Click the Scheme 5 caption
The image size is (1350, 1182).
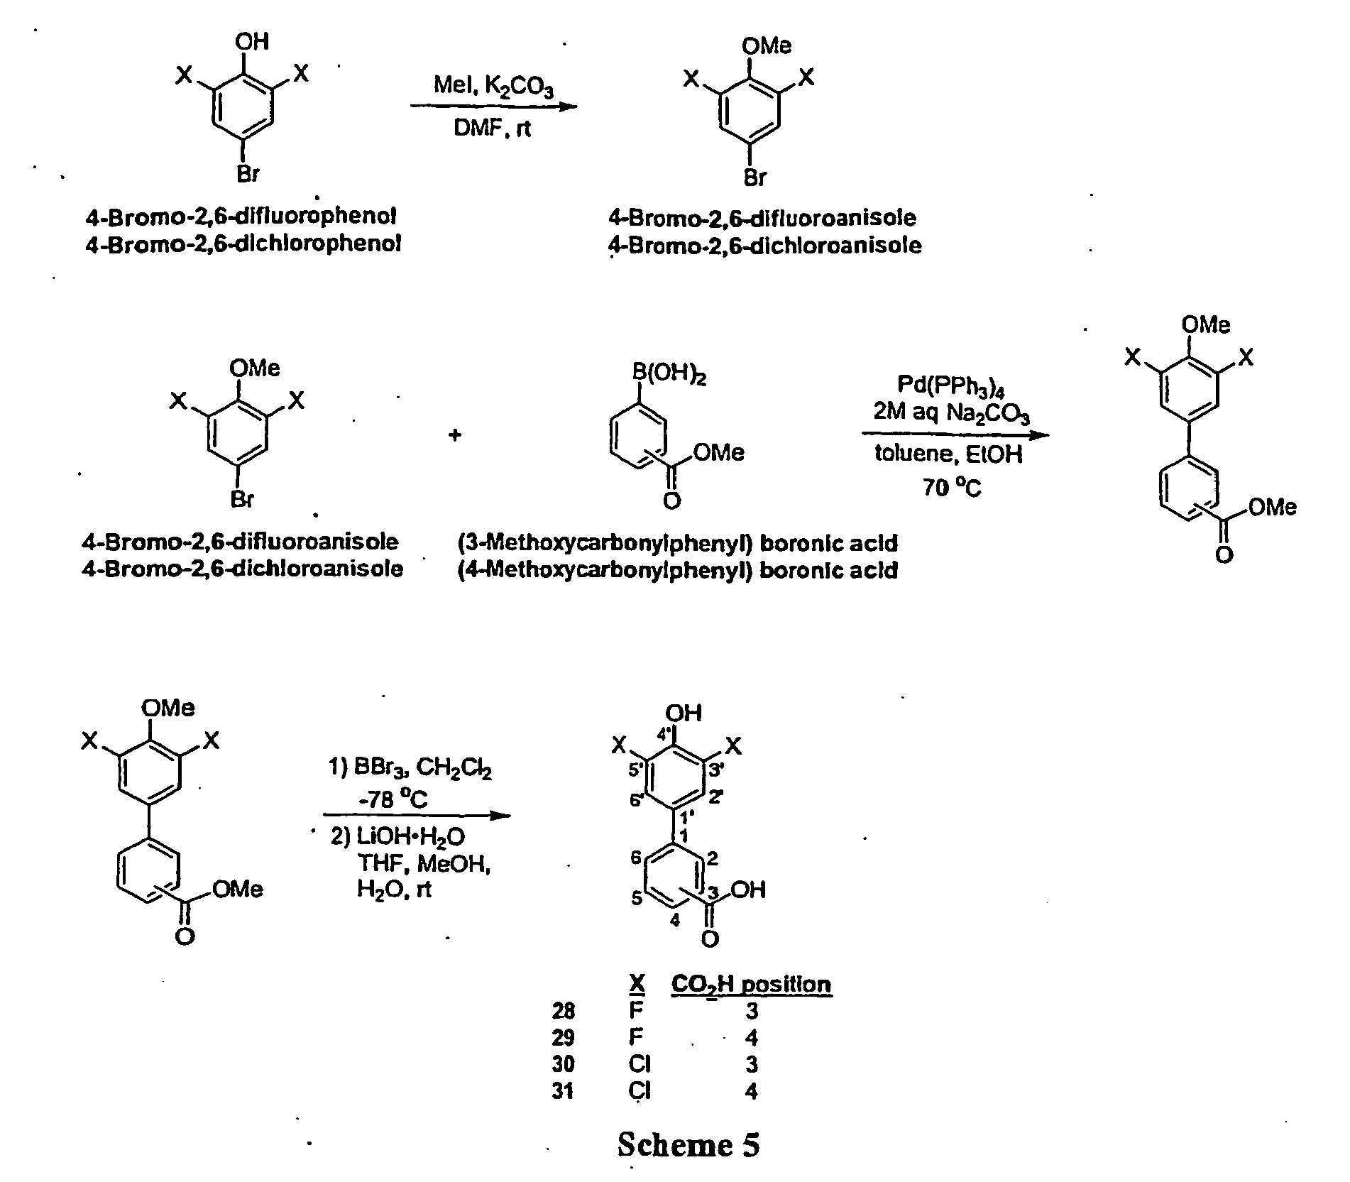tap(688, 1144)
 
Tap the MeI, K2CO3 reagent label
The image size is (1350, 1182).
tap(494, 87)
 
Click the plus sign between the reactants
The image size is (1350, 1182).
tap(455, 434)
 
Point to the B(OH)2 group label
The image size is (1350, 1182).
tap(669, 375)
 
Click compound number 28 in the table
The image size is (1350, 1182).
tap(563, 1010)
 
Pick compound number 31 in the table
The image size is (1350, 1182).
tap(563, 1090)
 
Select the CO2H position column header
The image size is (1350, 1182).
tap(751, 985)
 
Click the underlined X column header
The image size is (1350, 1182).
tap(637, 984)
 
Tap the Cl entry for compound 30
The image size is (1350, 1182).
tap(640, 1064)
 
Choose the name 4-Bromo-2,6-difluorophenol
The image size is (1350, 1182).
tap(241, 217)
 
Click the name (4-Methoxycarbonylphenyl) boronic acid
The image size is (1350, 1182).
tap(678, 570)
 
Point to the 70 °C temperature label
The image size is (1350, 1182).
tap(951, 486)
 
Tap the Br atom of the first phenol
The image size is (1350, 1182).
tap(248, 174)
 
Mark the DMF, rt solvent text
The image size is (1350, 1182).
tap(493, 128)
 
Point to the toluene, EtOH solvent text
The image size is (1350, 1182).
tap(948, 454)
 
